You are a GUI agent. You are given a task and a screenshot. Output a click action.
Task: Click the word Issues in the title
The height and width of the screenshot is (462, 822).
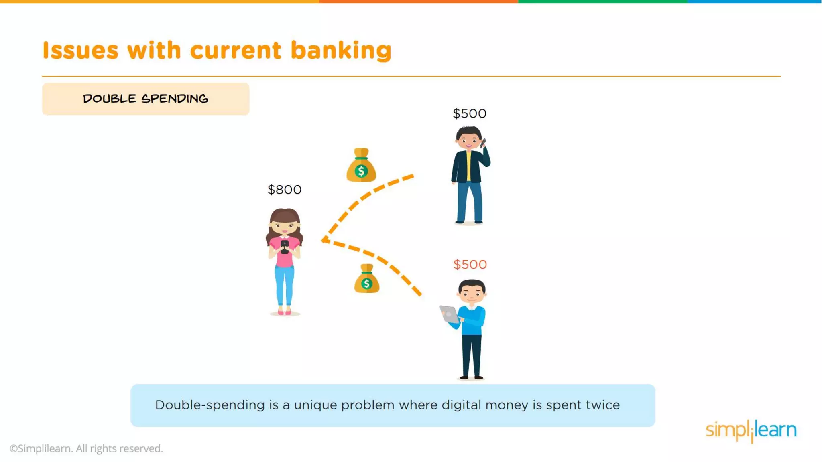[x=80, y=51]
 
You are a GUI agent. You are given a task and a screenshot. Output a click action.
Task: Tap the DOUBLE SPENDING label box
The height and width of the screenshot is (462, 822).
[x=145, y=99]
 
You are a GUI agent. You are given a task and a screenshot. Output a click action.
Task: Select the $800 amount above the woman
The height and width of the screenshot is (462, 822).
[x=285, y=190]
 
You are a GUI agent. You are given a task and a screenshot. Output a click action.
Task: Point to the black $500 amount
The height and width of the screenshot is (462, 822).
[x=469, y=113]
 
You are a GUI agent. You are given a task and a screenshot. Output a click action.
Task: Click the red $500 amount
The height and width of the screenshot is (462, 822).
[x=470, y=265]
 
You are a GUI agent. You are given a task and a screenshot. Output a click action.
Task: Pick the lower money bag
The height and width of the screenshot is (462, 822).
[x=366, y=280]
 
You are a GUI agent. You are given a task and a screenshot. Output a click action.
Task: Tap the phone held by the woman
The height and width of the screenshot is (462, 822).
[x=285, y=246]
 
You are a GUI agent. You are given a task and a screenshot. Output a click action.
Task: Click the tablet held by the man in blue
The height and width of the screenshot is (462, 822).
[x=450, y=314]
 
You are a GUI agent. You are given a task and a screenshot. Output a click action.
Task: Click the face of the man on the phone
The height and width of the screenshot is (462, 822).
[x=468, y=141]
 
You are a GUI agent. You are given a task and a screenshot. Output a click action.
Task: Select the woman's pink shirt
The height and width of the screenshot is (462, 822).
[x=284, y=257]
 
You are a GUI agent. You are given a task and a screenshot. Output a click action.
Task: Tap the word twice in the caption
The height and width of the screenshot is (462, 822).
[x=602, y=405]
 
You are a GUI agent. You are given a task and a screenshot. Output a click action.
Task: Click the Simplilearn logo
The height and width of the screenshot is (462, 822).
[x=751, y=430]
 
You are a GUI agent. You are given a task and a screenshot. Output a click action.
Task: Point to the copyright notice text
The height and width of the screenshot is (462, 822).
[x=86, y=448]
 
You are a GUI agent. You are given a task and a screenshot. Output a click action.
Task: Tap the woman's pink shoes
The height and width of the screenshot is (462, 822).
[x=284, y=312]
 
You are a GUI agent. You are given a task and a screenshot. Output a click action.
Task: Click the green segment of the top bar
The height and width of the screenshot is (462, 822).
[x=602, y=2]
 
